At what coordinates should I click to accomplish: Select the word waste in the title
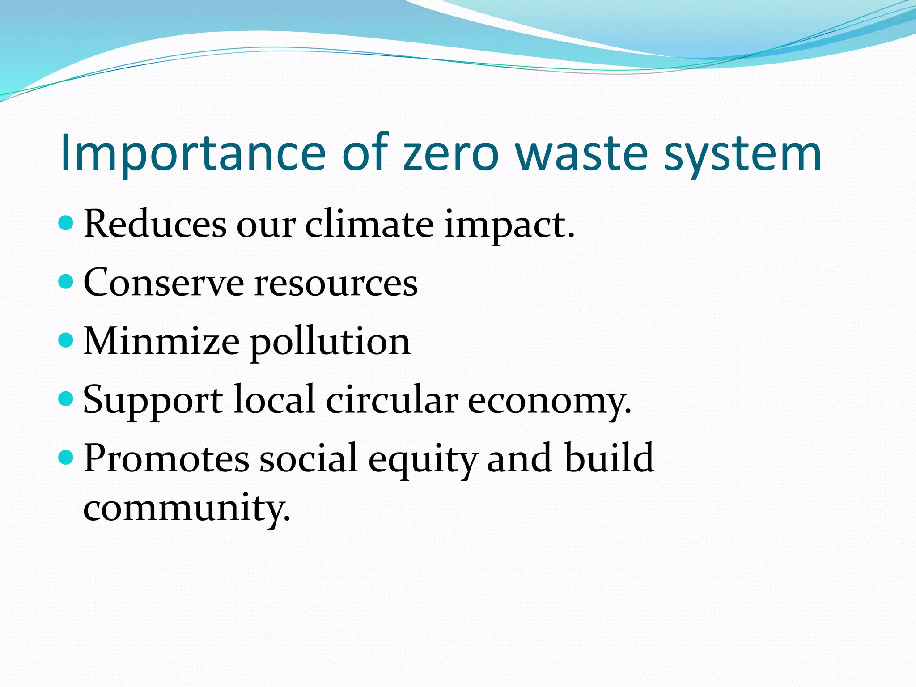coord(581,153)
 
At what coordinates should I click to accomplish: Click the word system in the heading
coord(742,153)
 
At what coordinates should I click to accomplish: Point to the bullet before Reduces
coord(66,223)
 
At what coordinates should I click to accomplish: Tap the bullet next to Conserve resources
coord(66,281)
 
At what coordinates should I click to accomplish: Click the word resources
coord(336,284)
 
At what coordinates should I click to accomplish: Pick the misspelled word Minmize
coord(161,341)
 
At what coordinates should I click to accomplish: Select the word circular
coord(392,399)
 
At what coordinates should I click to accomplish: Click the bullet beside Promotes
coord(66,457)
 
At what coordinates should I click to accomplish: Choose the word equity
coord(422,459)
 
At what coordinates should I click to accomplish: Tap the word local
coord(274,399)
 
